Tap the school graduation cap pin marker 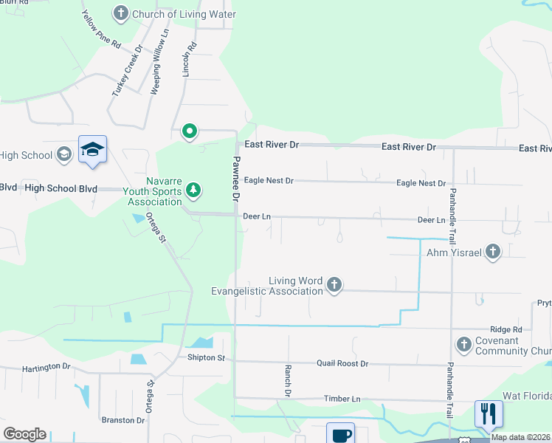93,151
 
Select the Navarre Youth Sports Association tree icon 193,190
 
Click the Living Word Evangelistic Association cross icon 334,285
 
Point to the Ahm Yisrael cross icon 492,253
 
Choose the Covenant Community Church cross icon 463,344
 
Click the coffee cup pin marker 341,434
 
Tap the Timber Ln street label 342,399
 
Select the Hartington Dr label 46,366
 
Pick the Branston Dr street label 123,420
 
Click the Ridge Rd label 507,329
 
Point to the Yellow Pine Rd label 101,30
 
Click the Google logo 24,434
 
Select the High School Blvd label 61,188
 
